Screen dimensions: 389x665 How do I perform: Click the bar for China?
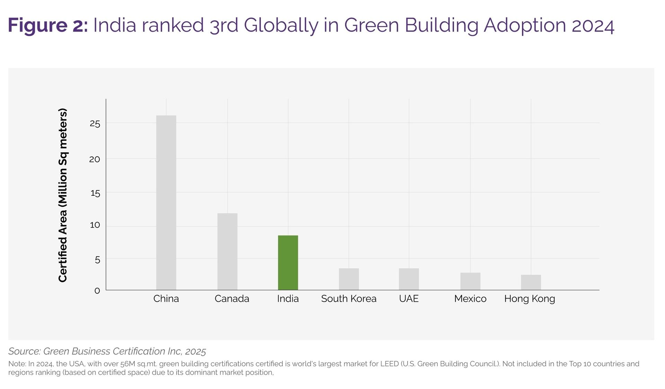[x=166, y=203]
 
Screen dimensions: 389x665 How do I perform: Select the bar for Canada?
[x=227, y=251]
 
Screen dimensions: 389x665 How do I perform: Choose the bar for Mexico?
[x=470, y=281]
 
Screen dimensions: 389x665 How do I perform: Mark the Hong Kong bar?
[x=531, y=282]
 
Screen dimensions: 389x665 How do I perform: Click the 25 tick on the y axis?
[x=95, y=124]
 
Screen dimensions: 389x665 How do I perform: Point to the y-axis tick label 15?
[x=95, y=193]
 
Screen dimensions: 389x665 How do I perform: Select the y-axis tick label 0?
[x=97, y=291]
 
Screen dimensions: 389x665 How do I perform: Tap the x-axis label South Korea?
[x=348, y=299]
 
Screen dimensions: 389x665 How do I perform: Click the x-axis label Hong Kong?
[x=529, y=299]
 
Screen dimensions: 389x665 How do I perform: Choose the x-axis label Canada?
[x=232, y=299]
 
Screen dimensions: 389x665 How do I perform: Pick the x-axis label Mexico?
[x=470, y=299]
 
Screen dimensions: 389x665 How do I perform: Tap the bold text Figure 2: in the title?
[x=48, y=25]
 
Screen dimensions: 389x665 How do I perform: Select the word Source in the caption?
[x=25, y=351]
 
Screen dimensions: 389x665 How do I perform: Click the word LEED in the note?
[x=389, y=364]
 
